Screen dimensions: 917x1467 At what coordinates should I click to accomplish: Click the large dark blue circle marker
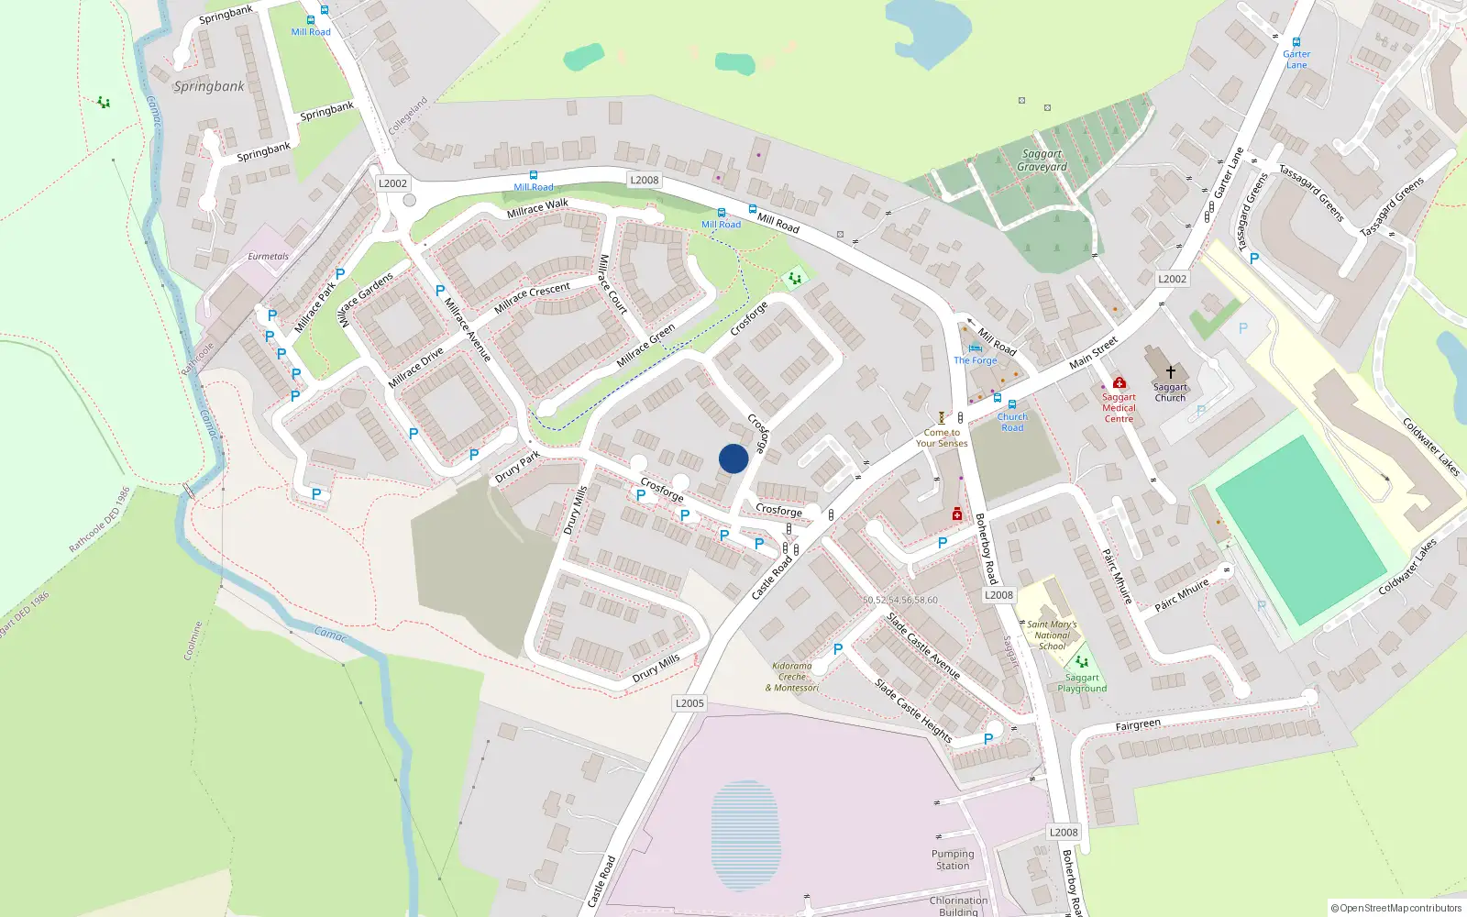click(x=733, y=458)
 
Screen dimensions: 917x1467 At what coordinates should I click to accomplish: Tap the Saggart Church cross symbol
click(x=1170, y=372)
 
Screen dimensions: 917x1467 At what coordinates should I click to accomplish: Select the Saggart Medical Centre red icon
click(x=1119, y=382)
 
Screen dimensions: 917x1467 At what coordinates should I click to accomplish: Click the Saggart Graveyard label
click(x=1042, y=160)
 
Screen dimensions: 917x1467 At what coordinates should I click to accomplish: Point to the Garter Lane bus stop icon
click(x=1296, y=42)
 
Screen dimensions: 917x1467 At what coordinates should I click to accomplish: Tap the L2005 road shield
click(x=689, y=703)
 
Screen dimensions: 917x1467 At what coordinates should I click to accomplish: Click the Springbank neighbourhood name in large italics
click(x=209, y=86)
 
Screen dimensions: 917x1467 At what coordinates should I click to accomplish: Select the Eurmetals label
click(x=268, y=257)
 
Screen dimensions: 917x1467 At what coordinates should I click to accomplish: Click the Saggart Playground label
click(x=1082, y=683)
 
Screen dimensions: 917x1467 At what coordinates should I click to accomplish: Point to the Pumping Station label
click(x=953, y=859)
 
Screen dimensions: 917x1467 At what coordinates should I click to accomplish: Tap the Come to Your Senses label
click(x=942, y=437)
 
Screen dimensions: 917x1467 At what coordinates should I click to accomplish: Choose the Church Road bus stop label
click(x=1012, y=422)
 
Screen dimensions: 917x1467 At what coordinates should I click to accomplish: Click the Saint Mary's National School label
click(x=1052, y=635)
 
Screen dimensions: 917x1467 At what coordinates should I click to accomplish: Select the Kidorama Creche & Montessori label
click(x=792, y=677)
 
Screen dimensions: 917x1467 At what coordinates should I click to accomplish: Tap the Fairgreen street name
click(x=1138, y=724)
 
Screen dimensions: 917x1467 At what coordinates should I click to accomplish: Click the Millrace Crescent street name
click(x=532, y=297)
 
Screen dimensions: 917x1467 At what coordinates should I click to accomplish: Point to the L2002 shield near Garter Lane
click(x=1172, y=279)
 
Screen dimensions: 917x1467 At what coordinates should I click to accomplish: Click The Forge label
click(x=975, y=360)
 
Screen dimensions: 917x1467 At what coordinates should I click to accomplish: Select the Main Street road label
click(x=1094, y=352)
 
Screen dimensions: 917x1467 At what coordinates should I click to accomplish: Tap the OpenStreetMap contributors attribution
click(x=1395, y=908)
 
